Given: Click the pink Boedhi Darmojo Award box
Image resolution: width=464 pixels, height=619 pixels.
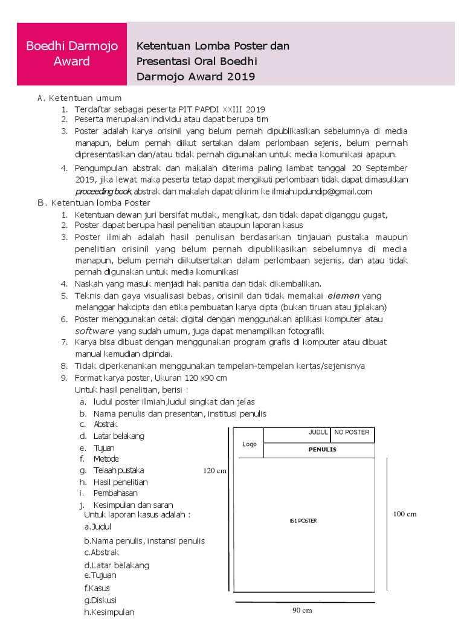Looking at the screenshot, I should coord(72,54).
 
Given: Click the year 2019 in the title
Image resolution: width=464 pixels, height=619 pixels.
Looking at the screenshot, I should coord(241,77).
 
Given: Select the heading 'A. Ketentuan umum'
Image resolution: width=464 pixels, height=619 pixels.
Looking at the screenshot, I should coord(79,98).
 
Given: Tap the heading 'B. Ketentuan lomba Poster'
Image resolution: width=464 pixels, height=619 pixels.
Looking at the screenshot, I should coord(94,203).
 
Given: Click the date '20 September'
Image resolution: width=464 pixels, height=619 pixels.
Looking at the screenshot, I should coord(378,168).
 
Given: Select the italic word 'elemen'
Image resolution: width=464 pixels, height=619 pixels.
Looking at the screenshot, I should coord(343,296).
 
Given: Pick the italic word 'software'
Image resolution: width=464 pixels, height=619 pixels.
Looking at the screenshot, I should coord(95,331).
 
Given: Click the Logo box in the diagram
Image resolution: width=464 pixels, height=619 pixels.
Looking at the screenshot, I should coord(250,444).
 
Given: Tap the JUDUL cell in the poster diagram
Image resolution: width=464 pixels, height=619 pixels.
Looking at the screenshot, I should coord(318,432).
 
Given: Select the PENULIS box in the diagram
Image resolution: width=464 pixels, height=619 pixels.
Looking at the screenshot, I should coord(322,450).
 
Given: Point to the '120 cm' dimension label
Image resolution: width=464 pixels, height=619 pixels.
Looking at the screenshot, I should coord(214,471).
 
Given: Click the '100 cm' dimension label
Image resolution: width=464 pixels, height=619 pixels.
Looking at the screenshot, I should coord(405,514).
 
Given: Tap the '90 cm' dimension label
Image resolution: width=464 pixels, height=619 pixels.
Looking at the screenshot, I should coord(302,611).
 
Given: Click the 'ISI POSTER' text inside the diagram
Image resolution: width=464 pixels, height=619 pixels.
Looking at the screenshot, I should coord(303,520).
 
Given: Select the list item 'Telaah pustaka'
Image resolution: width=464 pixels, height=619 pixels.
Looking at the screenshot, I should coord(118,470).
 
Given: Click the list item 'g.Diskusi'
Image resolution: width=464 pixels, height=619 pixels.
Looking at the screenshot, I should coord(101,600).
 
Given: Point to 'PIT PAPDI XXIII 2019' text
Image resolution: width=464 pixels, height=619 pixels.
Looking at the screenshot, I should coord(221,109).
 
